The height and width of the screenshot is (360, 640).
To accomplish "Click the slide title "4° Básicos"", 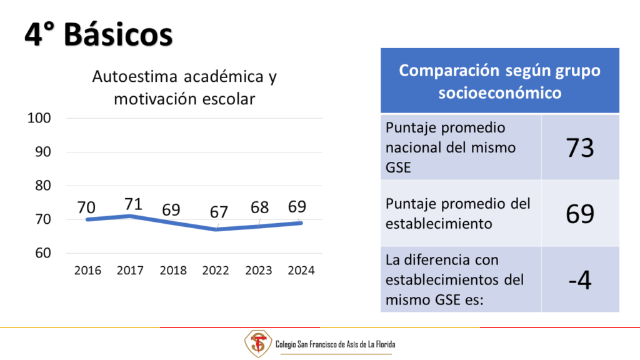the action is (98, 34).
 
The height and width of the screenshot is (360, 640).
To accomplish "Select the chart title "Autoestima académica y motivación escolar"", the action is (184, 87).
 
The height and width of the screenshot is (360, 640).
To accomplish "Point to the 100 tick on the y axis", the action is (39, 118).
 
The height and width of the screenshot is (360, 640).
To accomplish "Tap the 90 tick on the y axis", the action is (43, 152).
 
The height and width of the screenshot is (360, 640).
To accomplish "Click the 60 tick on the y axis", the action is (43, 253).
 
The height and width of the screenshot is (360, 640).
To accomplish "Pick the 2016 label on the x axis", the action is (87, 270).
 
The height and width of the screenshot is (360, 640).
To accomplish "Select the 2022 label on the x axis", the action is (216, 270).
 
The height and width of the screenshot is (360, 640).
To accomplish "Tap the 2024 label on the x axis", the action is (301, 270).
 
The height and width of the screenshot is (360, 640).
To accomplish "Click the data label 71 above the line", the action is (133, 204).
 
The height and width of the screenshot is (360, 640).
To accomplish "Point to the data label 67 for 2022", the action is (219, 212).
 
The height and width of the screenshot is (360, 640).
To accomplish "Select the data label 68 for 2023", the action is (259, 207).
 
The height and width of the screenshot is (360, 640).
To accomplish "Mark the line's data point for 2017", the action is (130, 216).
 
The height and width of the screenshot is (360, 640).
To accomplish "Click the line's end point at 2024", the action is (301, 223).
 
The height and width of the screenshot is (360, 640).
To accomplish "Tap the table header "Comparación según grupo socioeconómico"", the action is (499, 81).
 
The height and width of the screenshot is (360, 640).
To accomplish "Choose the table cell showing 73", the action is (580, 147).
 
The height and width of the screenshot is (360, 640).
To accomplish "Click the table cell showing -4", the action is (580, 280).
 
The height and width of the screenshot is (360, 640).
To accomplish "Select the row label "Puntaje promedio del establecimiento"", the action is (458, 214).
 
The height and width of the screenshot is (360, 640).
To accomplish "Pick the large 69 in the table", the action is (580, 214).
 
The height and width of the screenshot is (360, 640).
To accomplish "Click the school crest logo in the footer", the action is (258, 344).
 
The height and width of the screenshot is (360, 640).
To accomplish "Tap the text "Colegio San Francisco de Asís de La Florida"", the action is (335, 344).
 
